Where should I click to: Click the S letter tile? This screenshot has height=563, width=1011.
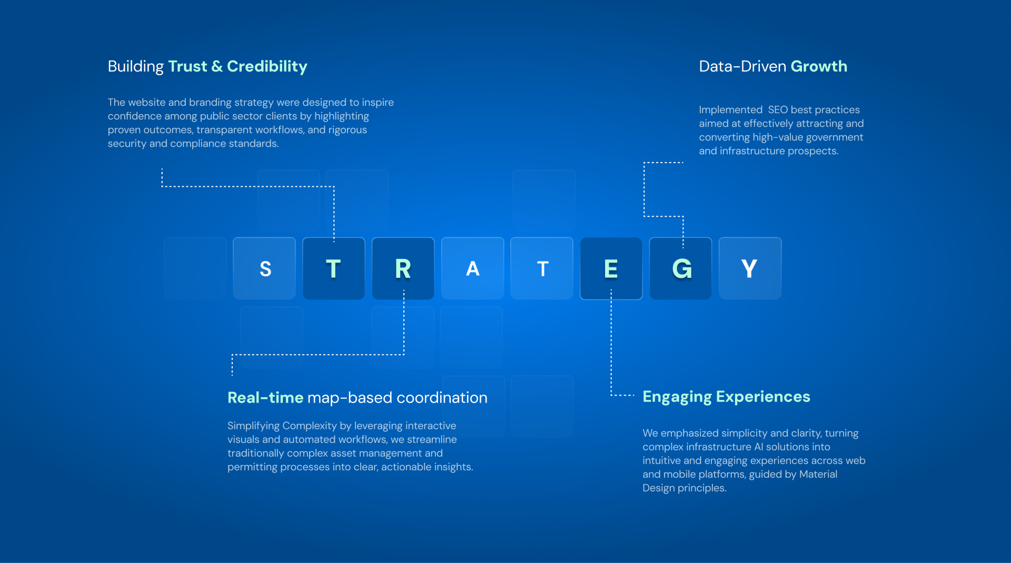[264, 268]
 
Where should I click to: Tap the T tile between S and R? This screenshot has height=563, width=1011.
[334, 268]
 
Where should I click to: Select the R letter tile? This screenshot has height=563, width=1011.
[403, 268]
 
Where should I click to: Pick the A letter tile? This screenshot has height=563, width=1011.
[473, 268]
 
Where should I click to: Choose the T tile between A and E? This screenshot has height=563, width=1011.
[542, 268]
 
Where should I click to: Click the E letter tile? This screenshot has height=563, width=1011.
[611, 268]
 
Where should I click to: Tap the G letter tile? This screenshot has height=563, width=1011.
[681, 268]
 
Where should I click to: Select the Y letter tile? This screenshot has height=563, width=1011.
[750, 268]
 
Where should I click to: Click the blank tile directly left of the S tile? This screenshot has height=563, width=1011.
[195, 268]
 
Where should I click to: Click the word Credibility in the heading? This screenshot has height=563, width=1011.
[267, 67]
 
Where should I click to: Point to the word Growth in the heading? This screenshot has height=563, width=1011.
[819, 66]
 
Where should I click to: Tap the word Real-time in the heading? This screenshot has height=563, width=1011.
[265, 398]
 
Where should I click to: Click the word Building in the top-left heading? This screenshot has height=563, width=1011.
[136, 67]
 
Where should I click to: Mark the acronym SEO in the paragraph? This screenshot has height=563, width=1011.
[778, 109]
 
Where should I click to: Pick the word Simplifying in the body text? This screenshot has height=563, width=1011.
[253, 426]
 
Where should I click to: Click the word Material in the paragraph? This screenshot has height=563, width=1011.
[818, 474]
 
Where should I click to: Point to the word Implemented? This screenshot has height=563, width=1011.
[731, 110]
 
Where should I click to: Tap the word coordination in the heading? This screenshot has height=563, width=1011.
[442, 398]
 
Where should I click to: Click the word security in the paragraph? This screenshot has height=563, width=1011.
[127, 144]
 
